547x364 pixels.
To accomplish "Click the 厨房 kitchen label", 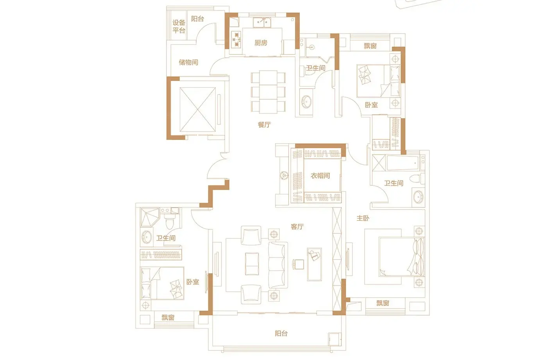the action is coord(261,43).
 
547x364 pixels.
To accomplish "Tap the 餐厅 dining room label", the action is coord(264,125).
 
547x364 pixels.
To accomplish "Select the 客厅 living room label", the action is coord(297,227).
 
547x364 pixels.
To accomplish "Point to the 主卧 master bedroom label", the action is coord(363,218).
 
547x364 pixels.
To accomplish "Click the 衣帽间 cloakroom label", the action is coord(320,176).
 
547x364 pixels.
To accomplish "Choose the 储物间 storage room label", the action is coord(188,62).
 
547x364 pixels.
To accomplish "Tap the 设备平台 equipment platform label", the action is coord(179,27).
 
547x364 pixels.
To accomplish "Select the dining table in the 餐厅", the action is coord(268,92).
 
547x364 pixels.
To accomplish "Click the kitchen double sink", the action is coord(262,22).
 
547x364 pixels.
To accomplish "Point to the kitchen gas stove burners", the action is coord(236,39).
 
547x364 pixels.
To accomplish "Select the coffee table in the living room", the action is coord(252,264).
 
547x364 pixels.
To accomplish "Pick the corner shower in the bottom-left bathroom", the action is coord(150,217).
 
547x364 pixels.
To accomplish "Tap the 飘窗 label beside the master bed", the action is coord(383,303).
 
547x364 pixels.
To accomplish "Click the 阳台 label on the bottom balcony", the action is coord(281,333).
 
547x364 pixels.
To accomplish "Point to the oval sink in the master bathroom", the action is coord(418,197).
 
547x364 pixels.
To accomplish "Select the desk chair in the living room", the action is coord(298,264).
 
